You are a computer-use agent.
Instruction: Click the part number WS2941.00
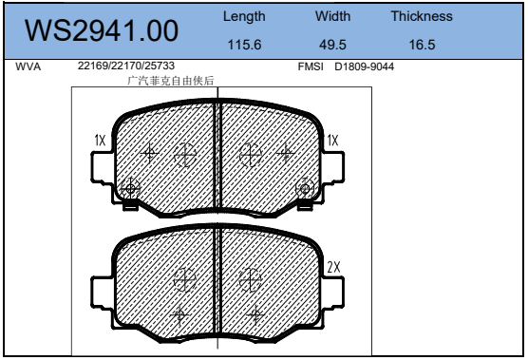coord(102,30)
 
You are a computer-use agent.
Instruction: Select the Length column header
coord(244,16)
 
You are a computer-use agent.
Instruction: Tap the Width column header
coord(332,16)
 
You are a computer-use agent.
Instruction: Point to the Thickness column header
coord(422,16)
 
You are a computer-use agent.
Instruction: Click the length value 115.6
coord(244,45)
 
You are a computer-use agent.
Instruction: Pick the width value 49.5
coord(332,45)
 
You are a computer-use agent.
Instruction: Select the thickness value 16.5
coord(422,45)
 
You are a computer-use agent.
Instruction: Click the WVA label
coord(28,66)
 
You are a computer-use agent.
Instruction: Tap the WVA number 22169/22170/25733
coord(126,66)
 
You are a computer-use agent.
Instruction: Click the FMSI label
coord(311,66)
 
